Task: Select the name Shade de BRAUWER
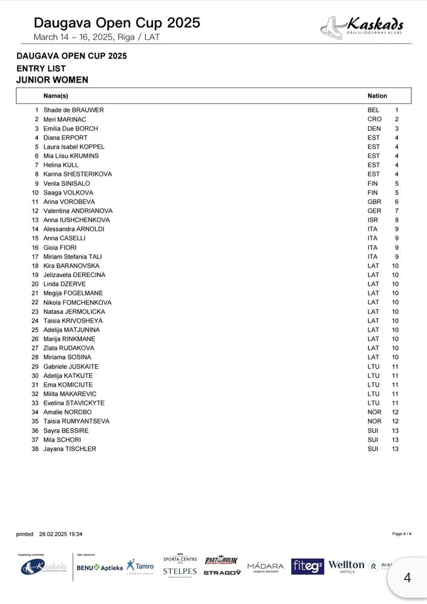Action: click(x=74, y=111)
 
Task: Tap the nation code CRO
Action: click(x=374, y=120)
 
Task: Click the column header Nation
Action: click(x=377, y=96)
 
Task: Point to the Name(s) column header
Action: click(x=56, y=96)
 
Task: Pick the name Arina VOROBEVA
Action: click(x=69, y=202)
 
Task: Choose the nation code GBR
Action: click(x=374, y=202)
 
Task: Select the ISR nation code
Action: click(x=373, y=220)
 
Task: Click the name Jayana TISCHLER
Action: click(x=70, y=449)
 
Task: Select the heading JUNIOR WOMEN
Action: click(x=53, y=80)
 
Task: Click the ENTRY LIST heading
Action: click(x=41, y=68)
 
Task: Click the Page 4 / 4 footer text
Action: click(x=402, y=534)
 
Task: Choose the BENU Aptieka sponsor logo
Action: click(x=100, y=568)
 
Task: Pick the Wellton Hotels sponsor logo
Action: click(x=347, y=566)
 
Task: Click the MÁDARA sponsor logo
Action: click(x=266, y=567)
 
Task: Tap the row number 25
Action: click(x=35, y=330)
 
